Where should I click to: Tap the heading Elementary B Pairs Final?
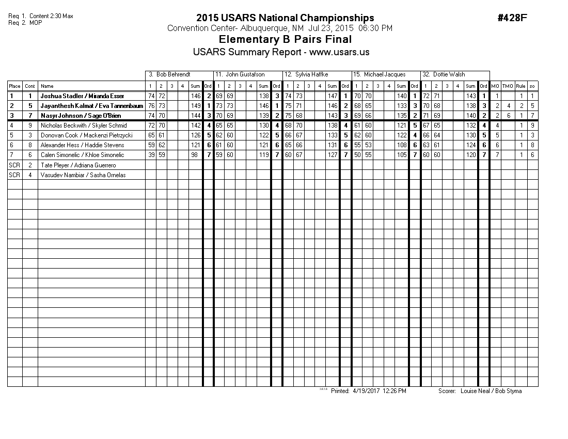285,40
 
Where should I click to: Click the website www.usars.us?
339,52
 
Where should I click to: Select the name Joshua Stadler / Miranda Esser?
83,96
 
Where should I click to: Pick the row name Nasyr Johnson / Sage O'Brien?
81,116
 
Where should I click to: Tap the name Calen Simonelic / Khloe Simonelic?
83,155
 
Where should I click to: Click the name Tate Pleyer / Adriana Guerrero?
78,165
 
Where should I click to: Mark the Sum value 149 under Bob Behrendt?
196,106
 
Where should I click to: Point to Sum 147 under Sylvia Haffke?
333,96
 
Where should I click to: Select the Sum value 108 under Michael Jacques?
402,145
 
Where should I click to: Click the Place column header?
14,86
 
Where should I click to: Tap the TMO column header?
508,86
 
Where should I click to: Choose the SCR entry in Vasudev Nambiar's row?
14,175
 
